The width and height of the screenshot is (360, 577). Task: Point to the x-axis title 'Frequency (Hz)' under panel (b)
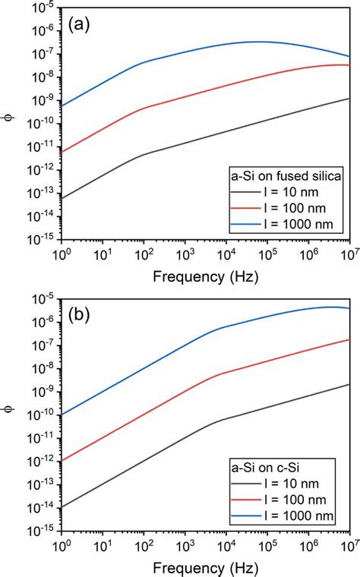pos(204,566)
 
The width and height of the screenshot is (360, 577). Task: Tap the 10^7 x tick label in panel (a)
pos(349,254)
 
